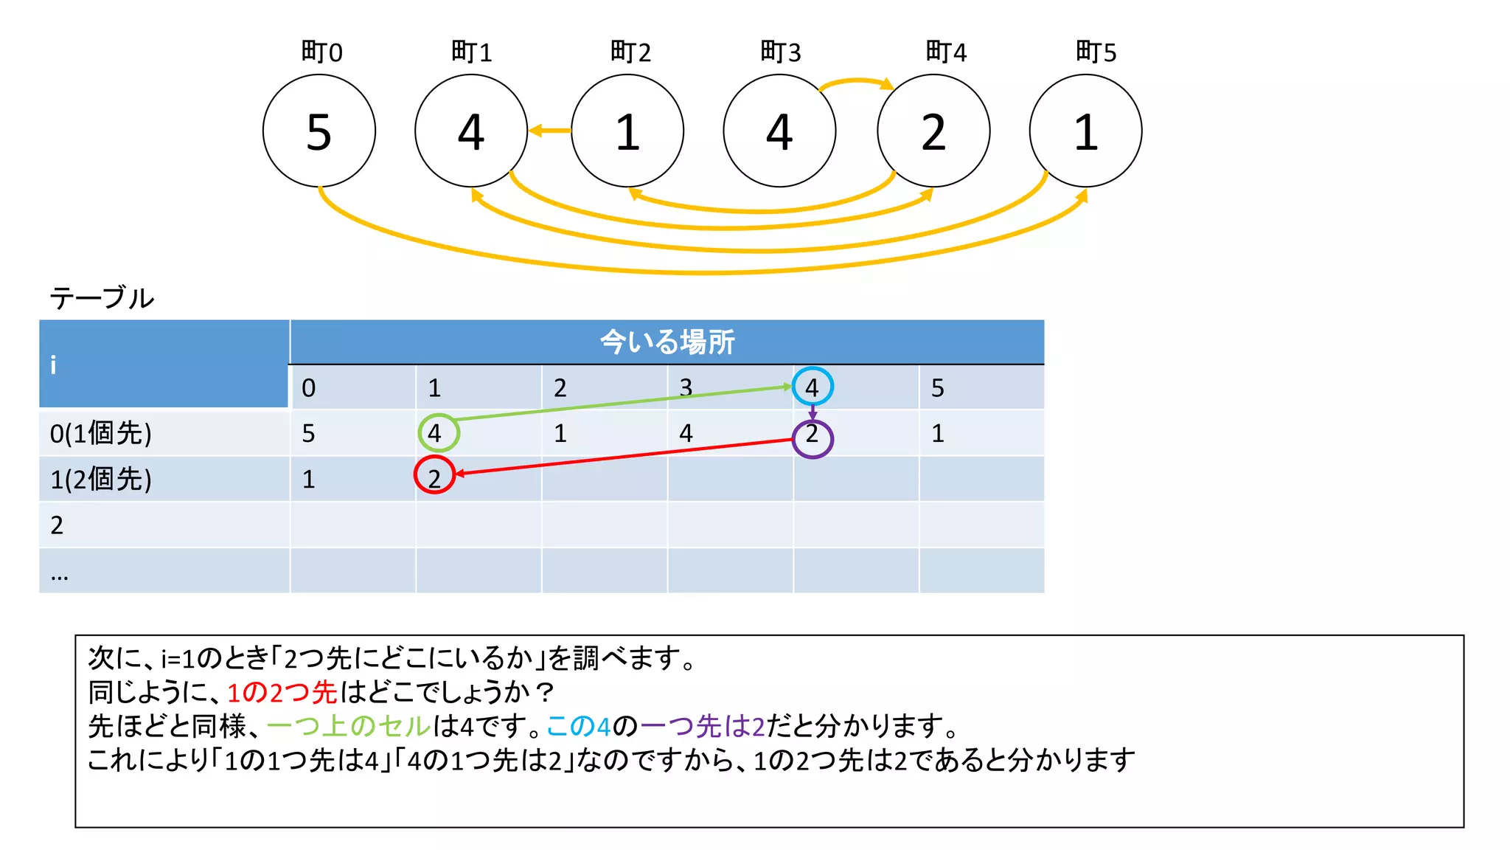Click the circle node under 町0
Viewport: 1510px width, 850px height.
319,131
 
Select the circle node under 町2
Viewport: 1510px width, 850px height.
627,131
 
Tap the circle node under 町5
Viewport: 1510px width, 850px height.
1085,131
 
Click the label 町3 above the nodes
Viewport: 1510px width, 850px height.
780,52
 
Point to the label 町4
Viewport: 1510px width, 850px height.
945,52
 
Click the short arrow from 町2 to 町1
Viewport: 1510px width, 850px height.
549,131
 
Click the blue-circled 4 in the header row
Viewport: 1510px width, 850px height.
813,387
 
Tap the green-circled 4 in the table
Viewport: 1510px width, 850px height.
438,433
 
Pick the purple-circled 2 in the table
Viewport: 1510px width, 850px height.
813,438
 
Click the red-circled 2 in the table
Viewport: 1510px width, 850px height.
434,476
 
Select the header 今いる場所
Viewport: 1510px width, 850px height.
667,342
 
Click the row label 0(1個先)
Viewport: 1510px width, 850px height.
101,433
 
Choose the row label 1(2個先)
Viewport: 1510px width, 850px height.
101,480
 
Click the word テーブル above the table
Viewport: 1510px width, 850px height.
102,298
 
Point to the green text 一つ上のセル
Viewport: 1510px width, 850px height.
349,726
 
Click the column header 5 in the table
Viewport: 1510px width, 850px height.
937,388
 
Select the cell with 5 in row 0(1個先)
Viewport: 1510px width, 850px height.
309,434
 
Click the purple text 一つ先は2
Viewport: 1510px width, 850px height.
703,726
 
